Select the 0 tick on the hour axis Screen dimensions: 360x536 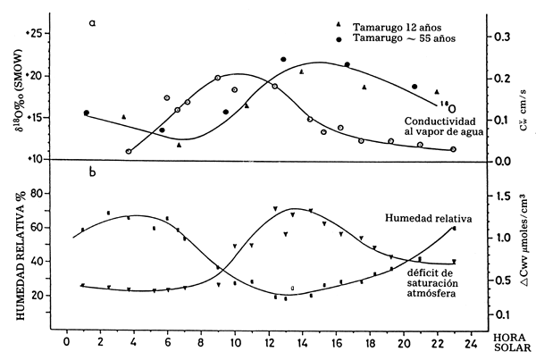tap(65, 340)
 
